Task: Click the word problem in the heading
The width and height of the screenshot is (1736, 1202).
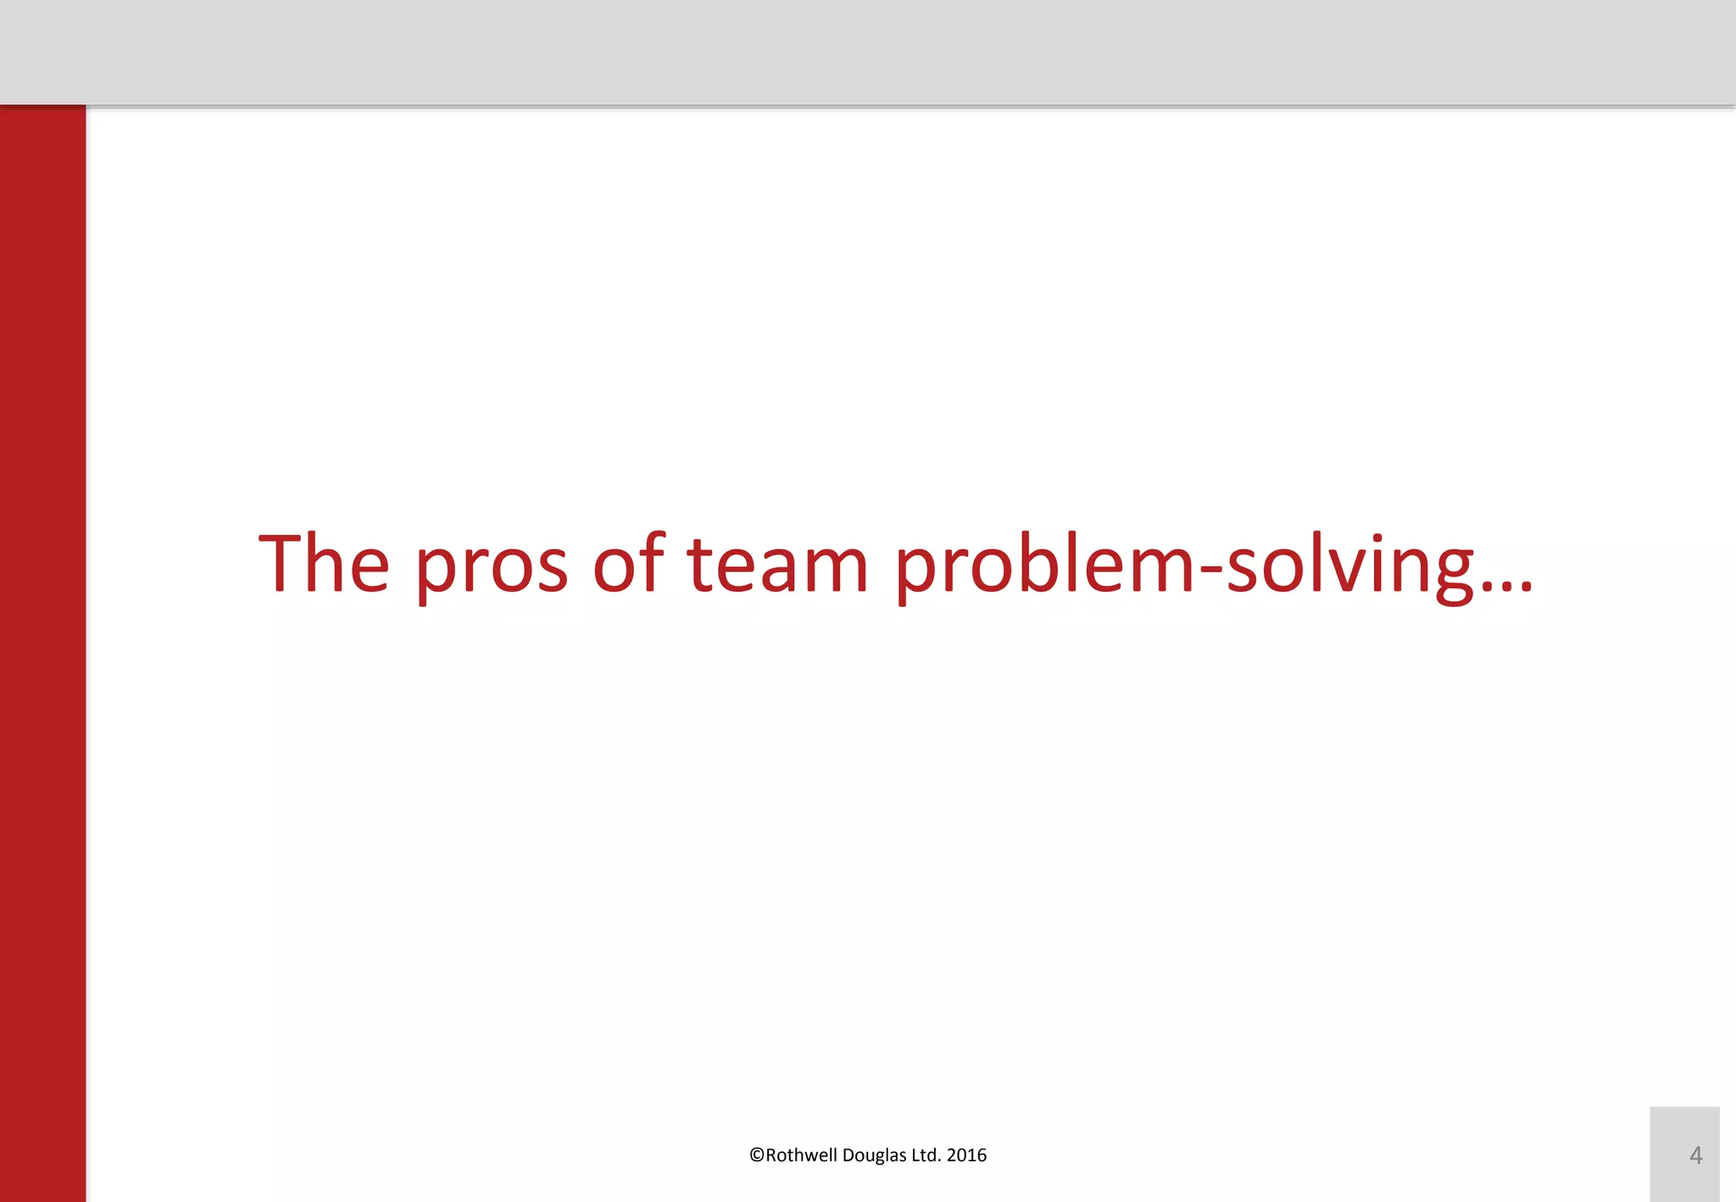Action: [1045, 564]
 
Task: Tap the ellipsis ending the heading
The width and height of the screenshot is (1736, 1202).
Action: [1506, 585]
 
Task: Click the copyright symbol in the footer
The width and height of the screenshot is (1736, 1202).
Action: [757, 1155]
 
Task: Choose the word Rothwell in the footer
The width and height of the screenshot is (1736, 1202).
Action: [801, 1155]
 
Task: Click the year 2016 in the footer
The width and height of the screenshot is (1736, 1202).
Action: [966, 1155]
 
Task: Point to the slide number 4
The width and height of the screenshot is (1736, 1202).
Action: [1695, 1155]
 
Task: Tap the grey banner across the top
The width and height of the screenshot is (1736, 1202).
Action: [868, 51]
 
